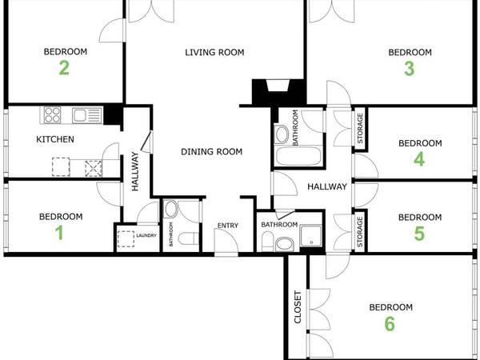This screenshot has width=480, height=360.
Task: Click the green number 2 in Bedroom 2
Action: (65, 68)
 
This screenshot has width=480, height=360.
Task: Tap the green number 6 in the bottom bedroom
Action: (390, 324)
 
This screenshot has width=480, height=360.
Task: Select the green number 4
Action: (419, 159)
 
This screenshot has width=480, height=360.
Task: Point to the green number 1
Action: (59, 233)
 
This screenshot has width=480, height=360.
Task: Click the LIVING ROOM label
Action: (214, 53)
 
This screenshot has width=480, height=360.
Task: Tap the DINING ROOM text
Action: (211, 151)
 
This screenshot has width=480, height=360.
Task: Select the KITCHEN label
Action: (55, 140)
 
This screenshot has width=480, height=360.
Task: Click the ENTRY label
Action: (228, 226)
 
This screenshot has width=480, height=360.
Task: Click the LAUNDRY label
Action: (146, 235)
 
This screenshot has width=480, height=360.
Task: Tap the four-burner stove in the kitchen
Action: (52, 115)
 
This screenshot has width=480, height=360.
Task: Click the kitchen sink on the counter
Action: (82, 115)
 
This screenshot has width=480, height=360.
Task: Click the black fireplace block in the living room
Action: (263, 93)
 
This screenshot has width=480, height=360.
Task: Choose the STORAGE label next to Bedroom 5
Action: (359, 231)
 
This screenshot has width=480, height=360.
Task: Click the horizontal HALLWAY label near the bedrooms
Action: (326, 187)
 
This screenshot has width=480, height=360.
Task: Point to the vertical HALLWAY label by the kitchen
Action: (135, 173)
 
